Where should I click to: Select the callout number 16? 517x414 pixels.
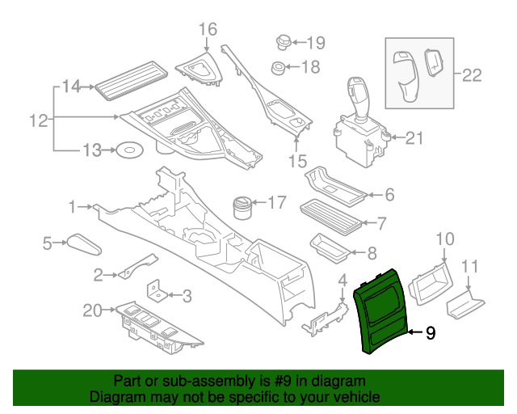pos(208,30)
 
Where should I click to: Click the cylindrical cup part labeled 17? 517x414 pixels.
pos(242,207)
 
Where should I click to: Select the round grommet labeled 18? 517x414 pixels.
pos(277,68)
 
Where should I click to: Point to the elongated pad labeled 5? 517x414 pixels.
pos(82,243)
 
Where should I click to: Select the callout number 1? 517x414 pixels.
pos(73,208)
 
